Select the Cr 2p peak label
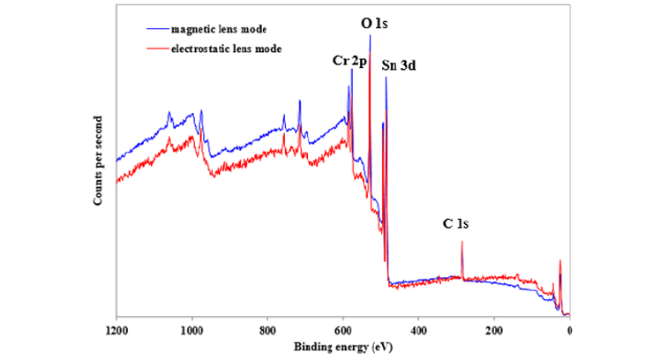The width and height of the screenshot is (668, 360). point(349,60)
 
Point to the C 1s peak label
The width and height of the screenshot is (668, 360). point(455,223)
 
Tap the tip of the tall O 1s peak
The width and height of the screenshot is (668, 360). point(370,35)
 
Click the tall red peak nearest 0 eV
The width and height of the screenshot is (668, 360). point(559,261)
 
